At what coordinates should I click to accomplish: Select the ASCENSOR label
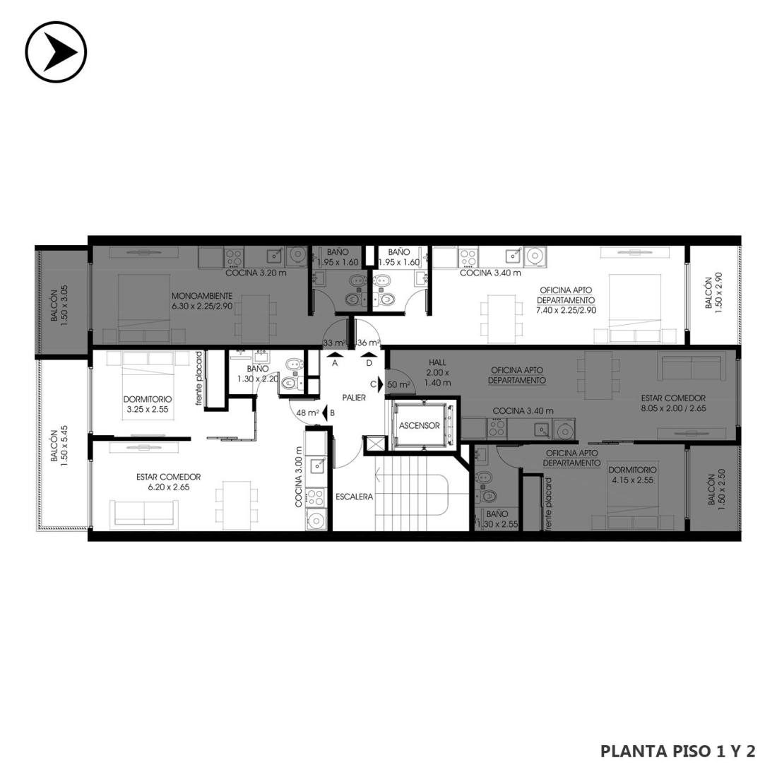419,426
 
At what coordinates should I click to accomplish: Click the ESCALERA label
355,497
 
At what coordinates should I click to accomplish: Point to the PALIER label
354,398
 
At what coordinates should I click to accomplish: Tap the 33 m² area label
333,343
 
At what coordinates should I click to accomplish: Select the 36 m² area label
368,343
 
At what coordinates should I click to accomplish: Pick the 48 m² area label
307,413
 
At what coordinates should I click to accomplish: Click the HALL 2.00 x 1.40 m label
437,372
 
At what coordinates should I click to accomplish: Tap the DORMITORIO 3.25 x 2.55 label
148,403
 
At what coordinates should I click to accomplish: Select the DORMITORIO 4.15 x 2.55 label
632,475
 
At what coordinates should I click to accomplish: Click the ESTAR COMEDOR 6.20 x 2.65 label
169,482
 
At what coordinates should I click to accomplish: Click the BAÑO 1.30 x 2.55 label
497,519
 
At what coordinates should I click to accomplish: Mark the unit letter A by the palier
335,363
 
